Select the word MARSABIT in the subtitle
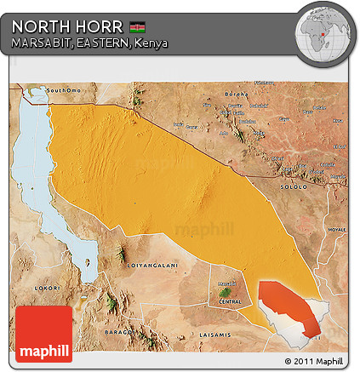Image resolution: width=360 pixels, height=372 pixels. pyautogui.click(x=39, y=43)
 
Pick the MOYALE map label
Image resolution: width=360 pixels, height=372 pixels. pyautogui.click(x=337, y=230)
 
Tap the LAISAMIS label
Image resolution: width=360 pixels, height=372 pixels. pyautogui.click(x=211, y=335)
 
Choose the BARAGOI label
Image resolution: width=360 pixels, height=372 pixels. pyautogui.click(x=118, y=330)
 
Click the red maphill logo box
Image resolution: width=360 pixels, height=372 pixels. pyautogui.click(x=43, y=333)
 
